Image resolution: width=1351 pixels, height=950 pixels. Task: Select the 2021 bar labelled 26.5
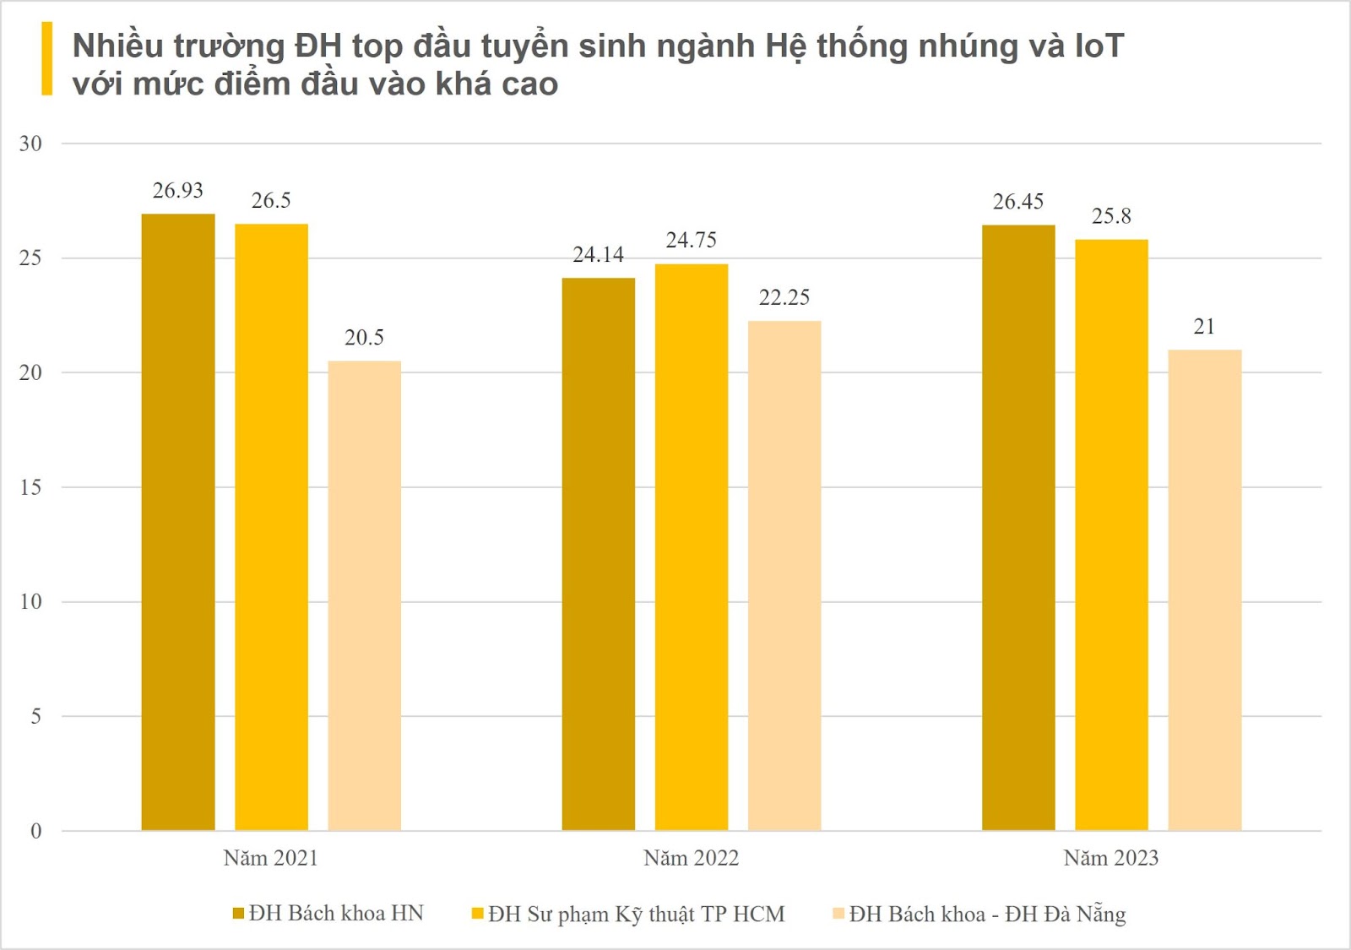click(271, 527)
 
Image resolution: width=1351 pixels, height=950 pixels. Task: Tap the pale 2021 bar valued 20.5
click(364, 595)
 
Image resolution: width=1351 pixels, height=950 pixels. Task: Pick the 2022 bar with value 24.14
click(598, 554)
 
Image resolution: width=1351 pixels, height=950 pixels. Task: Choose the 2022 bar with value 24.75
click(691, 547)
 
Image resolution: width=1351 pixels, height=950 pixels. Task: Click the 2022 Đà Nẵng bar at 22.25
click(784, 575)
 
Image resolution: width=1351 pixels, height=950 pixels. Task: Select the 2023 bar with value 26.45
click(1018, 528)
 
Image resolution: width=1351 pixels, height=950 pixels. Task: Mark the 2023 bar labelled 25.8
click(1111, 535)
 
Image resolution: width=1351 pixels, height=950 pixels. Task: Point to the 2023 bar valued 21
click(1204, 589)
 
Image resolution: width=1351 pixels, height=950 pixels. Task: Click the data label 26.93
click(178, 191)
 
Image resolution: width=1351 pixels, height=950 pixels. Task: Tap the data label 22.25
click(784, 297)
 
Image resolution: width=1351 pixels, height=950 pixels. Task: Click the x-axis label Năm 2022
click(691, 858)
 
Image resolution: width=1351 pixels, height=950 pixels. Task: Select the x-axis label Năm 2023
click(1111, 858)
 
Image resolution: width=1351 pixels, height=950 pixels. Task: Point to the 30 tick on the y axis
click(30, 144)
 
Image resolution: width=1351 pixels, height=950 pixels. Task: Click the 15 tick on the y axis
click(30, 487)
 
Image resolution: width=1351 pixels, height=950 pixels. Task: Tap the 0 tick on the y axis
click(35, 831)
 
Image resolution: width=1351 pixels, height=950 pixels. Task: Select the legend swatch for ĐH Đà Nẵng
click(838, 913)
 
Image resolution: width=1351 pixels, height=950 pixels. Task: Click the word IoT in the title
click(1099, 46)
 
